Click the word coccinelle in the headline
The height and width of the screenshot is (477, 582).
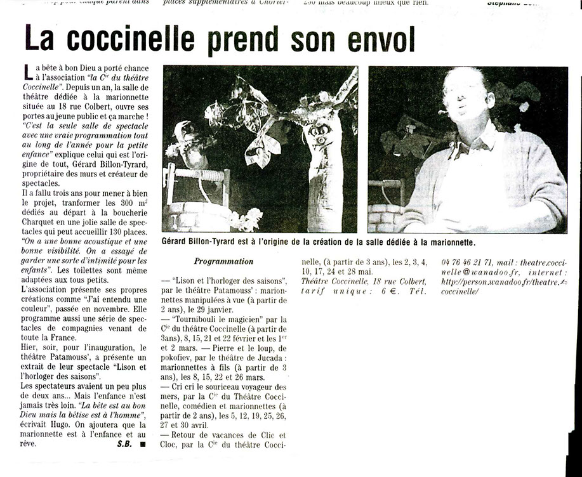point(131,39)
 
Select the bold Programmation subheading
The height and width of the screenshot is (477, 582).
point(223,261)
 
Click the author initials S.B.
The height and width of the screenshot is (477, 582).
point(124,444)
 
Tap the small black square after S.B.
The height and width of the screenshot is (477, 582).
point(143,445)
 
